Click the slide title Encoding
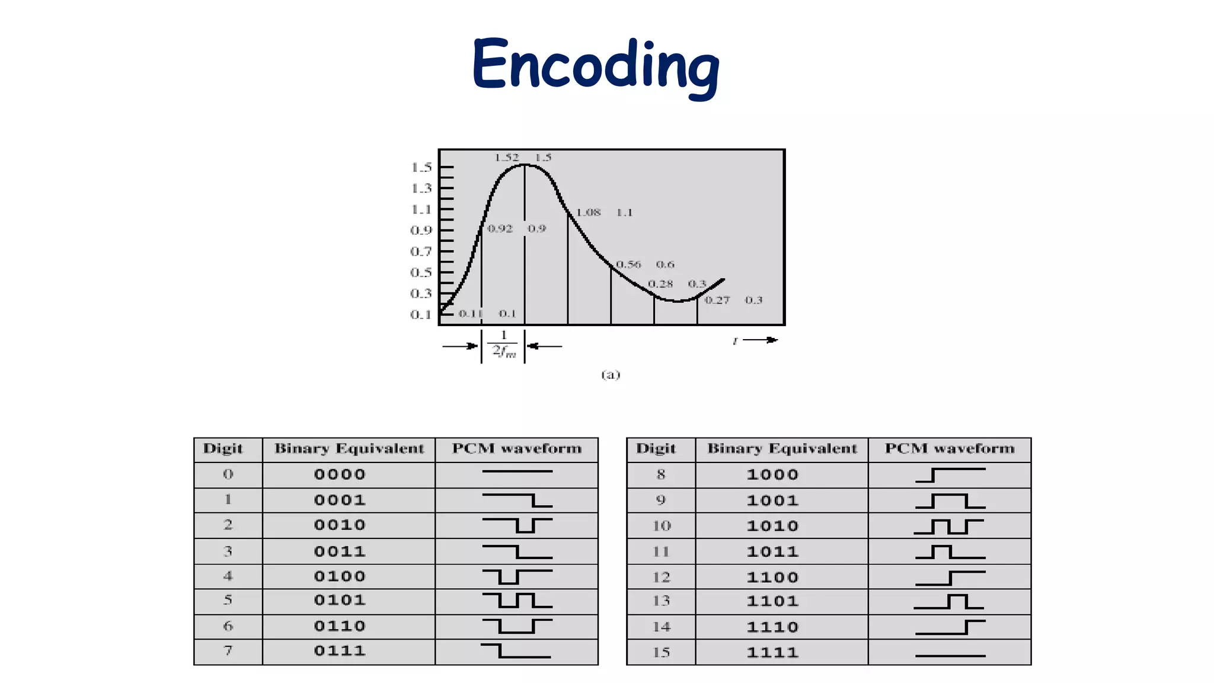point(595,65)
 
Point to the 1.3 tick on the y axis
point(421,189)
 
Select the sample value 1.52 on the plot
point(507,158)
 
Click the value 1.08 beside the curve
point(589,212)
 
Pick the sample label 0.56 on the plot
point(628,264)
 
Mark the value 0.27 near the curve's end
point(717,300)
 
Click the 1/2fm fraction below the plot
point(504,344)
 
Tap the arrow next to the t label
point(760,340)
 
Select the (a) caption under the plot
point(611,374)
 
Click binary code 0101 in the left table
point(340,600)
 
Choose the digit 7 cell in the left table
point(228,651)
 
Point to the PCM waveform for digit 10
point(948,526)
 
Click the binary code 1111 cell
point(772,652)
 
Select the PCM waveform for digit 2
point(517,525)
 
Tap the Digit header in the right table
point(656,449)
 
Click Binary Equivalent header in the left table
point(349,449)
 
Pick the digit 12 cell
point(661,577)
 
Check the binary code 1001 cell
point(772,500)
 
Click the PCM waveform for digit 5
point(517,600)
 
